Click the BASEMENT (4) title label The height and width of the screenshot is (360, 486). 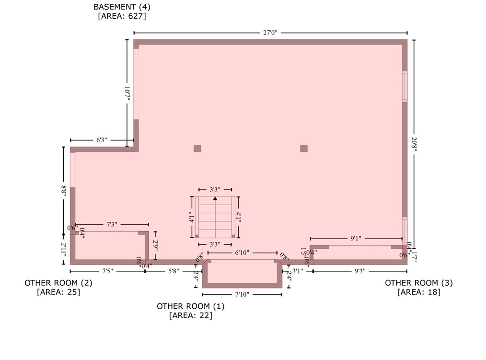tap(122, 7)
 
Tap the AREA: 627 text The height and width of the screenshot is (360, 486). tap(122, 16)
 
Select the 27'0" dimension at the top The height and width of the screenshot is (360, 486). tap(270, 33)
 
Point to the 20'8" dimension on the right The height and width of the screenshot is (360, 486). tap(414, 144)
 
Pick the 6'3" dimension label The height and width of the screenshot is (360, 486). tap(101, 140)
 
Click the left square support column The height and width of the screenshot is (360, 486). tap(197, 148)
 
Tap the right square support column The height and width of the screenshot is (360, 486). tap(303, 148)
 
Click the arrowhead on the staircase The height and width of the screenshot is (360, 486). tap(215, 197)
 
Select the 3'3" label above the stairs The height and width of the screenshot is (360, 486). tap(215, 190)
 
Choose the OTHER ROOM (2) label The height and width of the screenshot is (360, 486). tap(58, 283)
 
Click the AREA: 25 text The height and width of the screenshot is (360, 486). tap(58, 292)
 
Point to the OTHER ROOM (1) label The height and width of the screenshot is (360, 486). tap(190, 306)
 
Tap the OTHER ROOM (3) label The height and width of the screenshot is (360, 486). tap(418, 283)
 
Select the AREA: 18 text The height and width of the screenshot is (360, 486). tap(418, 292)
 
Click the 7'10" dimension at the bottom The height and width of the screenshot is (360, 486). tap(242, 294)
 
